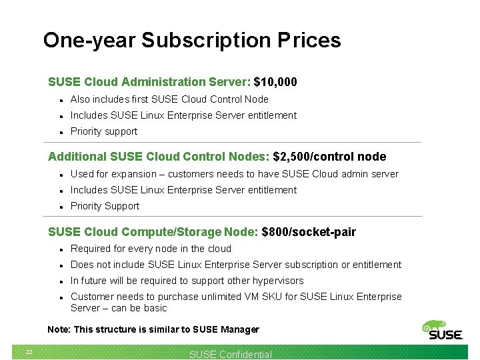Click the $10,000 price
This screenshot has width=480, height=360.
(275, 82)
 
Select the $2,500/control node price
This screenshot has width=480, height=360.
(329, 157)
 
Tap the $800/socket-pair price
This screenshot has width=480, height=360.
(309, 232)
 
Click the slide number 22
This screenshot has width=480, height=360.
(29, 352)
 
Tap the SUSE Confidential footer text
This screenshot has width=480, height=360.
(231, 355)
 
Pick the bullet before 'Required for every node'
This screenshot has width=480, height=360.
(61, 249)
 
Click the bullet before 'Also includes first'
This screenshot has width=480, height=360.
(61, 100)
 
